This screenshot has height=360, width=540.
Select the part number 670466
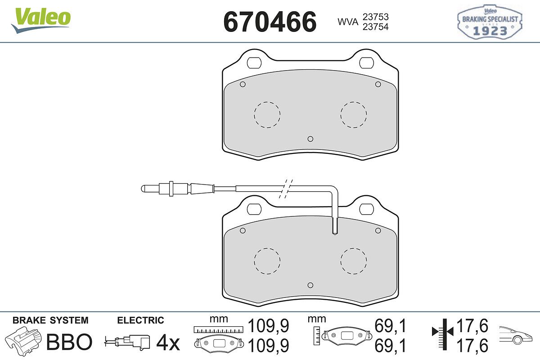[x=270, y=22]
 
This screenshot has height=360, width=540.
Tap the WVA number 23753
[x=376, y=17]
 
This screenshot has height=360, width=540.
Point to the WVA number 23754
[x=376, y=27]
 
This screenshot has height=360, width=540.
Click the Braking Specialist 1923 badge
[x=490, y=22]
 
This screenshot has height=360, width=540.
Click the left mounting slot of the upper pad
[x=254, y=63]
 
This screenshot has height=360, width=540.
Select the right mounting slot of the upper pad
[x=366, y=63]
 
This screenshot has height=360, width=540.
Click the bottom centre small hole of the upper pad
[x=310, y=139]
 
